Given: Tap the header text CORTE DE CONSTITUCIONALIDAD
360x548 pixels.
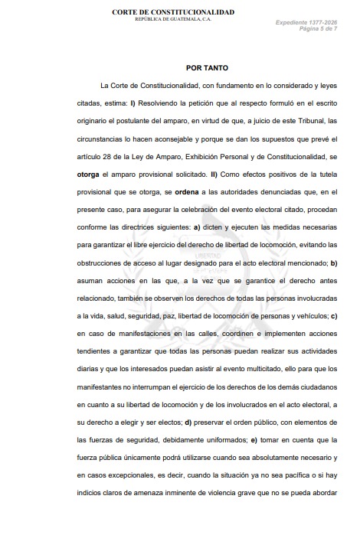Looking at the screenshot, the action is pos(173,12).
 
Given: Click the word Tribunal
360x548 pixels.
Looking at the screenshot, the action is pos(307,122).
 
